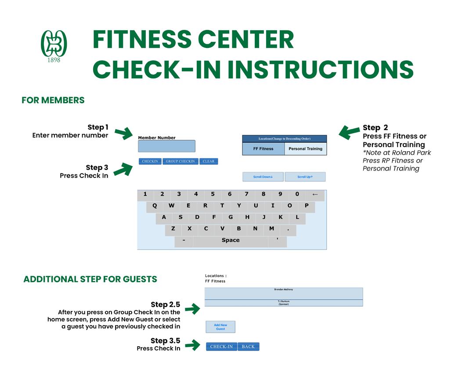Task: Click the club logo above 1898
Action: pos(54,43)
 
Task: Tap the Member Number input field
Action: pos(166,146)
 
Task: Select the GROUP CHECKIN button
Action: pos(180,161)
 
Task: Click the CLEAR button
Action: pos(209,161)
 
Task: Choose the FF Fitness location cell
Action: pos(263,149)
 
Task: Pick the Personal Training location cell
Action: pos(305,149)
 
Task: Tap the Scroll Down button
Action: pos(263,177)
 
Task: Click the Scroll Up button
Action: pos(305,177)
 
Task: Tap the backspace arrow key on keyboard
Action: pos(315,194)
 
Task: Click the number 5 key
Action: pos(213,194)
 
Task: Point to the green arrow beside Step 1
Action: pos(123,133)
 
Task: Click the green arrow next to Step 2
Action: pos(350,131)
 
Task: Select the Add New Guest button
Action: pos(220,327)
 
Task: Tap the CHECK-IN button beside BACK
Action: pos(221,347)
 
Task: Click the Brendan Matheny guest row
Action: pos(284,293)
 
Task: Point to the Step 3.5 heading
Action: pos(165,341)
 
